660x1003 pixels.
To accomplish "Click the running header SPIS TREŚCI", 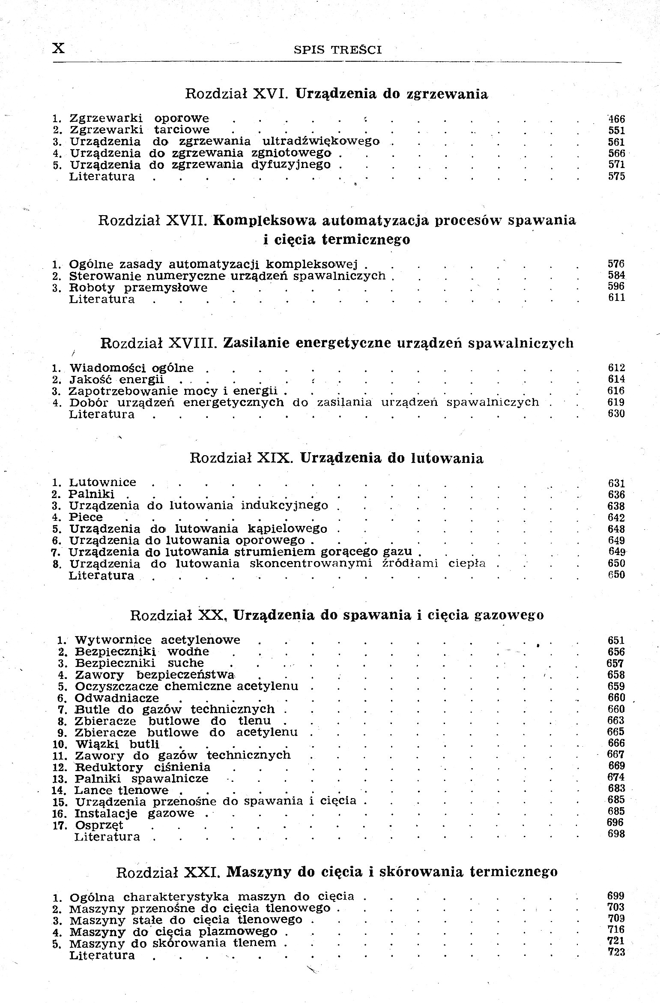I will coord(337,50).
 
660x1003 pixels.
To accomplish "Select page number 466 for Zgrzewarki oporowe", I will coord(616,119).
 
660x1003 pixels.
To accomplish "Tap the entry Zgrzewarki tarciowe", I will coord(140,130).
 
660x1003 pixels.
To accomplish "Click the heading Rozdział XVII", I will coord(153,221).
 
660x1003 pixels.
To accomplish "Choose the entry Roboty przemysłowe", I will coord(138,288).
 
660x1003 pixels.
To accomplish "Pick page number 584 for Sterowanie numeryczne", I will coord(617,275).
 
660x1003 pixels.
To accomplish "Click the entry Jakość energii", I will coord(116,379).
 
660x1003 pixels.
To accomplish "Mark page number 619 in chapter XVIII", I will coord(617,402).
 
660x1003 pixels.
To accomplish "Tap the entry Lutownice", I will coord(103,483).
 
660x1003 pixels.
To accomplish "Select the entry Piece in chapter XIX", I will coord(86,517).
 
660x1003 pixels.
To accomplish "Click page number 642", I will coord(617,518).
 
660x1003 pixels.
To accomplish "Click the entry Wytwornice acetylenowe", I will coord(158,640).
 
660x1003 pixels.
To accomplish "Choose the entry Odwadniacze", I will coord(116,698).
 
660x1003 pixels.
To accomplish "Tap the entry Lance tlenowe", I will coord(122,790).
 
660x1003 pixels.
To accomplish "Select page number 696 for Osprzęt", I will coord(616,822).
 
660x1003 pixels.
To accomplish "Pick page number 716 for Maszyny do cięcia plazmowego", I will coord(616,930).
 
